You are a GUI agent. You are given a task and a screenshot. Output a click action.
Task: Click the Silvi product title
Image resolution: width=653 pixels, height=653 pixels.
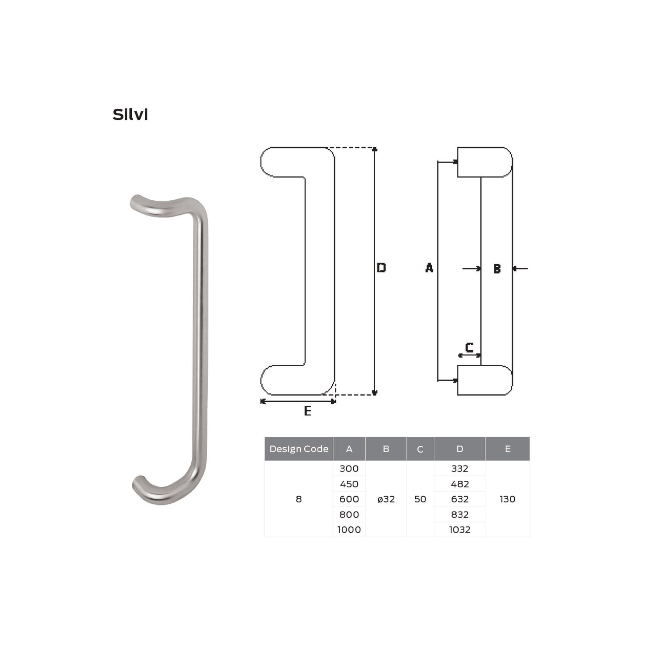(130, 115)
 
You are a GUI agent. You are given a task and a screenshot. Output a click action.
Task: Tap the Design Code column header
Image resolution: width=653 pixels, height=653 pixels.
(298, 449)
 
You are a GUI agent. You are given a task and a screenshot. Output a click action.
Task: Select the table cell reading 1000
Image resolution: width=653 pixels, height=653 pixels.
(349, 529)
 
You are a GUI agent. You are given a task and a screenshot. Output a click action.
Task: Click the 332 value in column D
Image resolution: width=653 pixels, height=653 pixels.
(459, 468)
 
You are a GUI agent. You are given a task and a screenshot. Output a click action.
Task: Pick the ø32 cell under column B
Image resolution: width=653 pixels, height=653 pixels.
(386, 499)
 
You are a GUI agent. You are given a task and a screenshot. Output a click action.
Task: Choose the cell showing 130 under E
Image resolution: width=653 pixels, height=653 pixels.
(507, 499)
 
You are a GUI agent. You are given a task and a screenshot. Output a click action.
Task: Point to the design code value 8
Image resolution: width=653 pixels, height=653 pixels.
(298, 499)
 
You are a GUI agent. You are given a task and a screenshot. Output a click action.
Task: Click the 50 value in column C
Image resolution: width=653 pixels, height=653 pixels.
(420, 499)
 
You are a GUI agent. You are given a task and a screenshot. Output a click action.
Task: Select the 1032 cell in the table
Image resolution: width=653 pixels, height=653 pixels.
(459, 529)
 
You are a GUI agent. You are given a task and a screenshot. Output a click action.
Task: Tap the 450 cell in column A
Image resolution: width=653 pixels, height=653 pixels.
(349, 484)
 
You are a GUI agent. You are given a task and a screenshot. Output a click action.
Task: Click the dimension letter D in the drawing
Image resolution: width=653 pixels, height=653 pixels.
(381, 268)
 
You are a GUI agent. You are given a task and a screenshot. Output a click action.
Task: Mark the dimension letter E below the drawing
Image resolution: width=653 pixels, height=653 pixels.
(307, 411)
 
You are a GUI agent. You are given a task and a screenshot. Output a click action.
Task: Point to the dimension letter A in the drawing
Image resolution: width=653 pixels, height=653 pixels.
(429, 268)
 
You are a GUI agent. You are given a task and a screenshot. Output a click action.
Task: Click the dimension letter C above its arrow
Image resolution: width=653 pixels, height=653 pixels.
(469, 347)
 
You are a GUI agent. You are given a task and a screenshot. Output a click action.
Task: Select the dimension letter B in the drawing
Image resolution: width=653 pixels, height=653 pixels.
(497, 268)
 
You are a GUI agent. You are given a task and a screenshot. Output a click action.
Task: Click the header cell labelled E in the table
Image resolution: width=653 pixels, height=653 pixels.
(507, 449)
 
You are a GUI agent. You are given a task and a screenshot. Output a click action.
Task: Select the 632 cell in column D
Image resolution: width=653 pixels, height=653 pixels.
(459, 499)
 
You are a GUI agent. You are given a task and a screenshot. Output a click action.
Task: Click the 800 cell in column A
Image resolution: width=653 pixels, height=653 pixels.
(349, 514)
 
